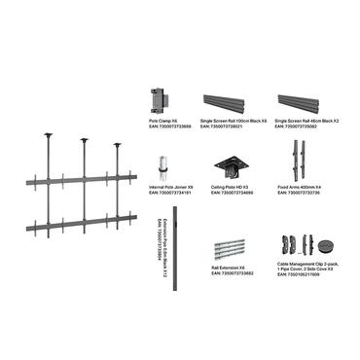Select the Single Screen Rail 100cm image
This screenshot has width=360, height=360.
[x=230, y=101]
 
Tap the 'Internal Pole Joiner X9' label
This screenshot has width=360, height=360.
[x=161, y=188]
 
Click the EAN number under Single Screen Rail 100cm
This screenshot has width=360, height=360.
[x=223, y=127]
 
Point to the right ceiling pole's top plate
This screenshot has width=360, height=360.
[x=119, y=145]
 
